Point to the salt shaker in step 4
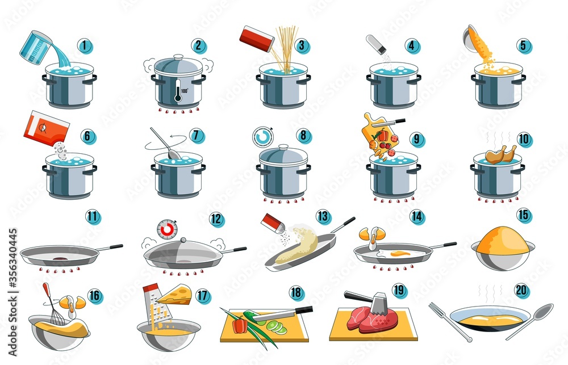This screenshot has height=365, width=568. [376, 43]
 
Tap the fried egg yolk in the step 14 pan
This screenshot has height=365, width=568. [400, 253]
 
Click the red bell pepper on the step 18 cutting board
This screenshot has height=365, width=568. [240, 325]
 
